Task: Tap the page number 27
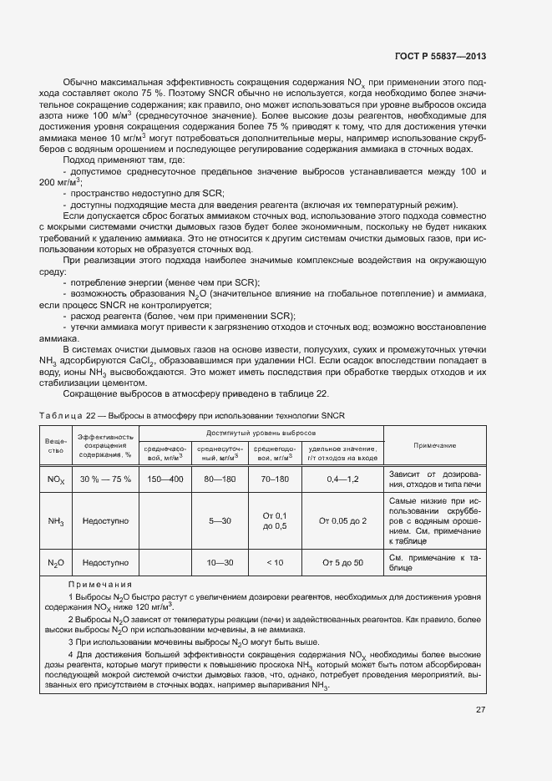(x=481, y=710)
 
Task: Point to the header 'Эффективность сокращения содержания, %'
(x=105, y=445)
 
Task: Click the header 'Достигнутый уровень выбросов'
(x=261, y=434)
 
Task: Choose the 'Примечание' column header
(x=434, y=445)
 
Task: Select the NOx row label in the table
(x=56, y=479)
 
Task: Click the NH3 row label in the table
(x=56, y=520)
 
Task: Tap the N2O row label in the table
(x=56, y=562)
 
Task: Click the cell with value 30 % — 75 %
(x=105, y=479)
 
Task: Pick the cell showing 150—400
(x=165, y=479)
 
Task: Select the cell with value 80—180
(x=219, y=479)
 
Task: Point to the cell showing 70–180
(x=275, y=479)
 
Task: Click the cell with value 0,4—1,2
(x=342, y=479)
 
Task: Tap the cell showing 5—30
(x=219, y=520)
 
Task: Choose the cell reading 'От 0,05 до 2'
(x=342, y=520)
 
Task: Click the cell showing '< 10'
(x=275, y=562)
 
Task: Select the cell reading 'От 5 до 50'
(x=342, y=562)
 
